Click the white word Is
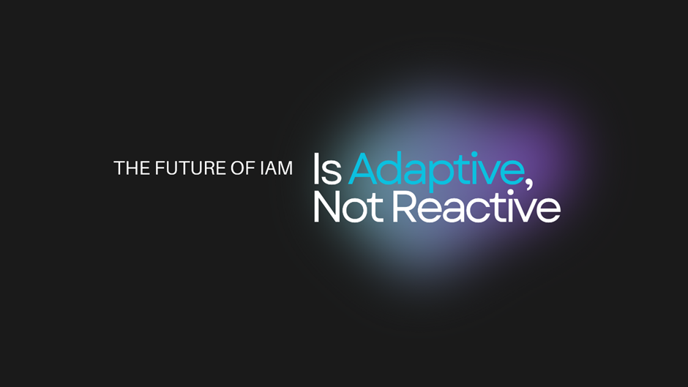(327, 168)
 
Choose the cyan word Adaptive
(436, 172)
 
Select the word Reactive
(476, 206)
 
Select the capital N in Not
(327, 206)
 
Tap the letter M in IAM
(284, 168)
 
